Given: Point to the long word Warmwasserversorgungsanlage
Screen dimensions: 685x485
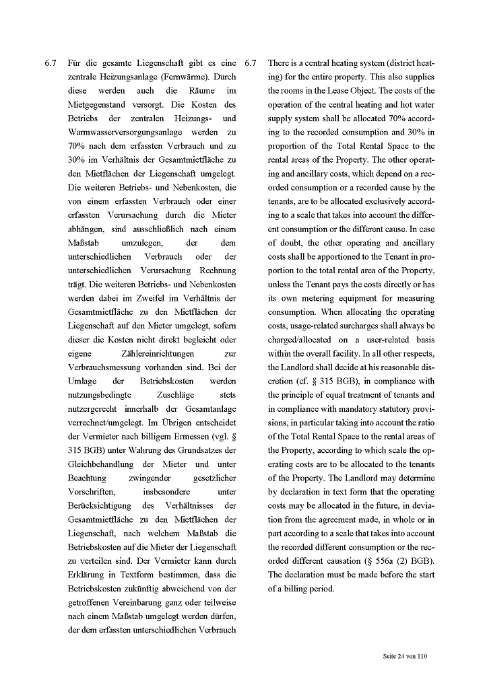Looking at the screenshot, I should (117, 132).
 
